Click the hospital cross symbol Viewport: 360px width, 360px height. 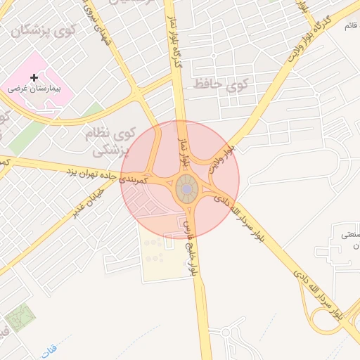(33, 77)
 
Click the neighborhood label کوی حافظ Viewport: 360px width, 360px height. (230, 86)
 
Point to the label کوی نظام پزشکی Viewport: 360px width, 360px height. (111, 141)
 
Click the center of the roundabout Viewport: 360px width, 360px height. (186, 189)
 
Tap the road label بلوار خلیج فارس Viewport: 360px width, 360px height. (189, 247)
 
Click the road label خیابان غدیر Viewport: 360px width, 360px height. (87, 202)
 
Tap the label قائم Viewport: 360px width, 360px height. (349, 26)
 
